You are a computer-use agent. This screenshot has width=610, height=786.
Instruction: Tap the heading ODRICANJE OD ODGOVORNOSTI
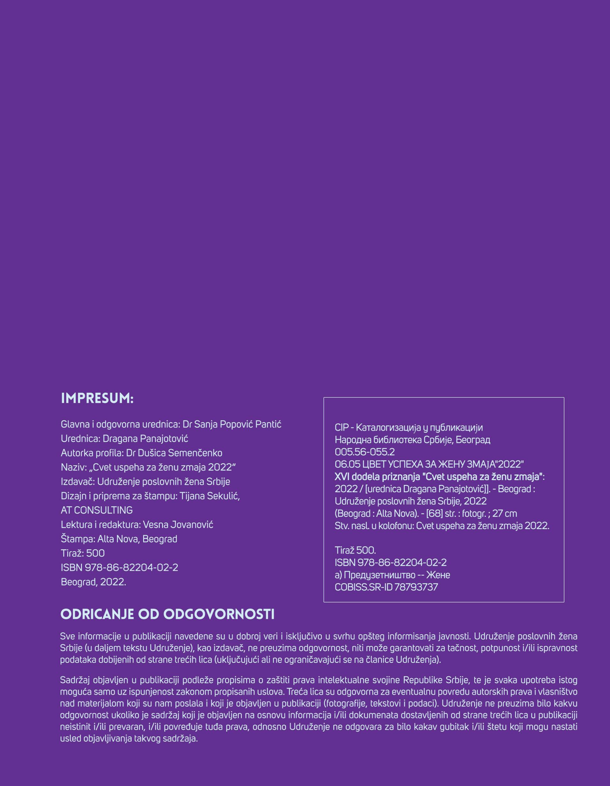point(167,614)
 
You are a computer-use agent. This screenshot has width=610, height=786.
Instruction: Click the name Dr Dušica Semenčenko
point(174,453)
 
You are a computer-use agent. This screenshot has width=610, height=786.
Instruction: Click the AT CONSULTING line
point(97,510)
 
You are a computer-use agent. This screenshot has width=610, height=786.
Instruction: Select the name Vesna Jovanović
point(178,525)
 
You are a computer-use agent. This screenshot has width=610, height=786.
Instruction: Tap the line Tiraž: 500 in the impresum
point(83,553)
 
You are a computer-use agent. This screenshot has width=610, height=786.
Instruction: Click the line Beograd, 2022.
point(94,582)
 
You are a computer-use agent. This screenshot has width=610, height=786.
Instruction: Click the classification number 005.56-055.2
point(364,452)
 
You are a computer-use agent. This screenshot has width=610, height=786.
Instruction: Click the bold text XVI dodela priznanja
point(377,477)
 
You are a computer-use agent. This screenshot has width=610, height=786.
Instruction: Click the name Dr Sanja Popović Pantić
point(232,424)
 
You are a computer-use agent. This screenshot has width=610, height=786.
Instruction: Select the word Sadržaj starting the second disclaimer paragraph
point(75,680)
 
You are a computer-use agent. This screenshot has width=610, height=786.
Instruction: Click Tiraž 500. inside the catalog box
point(355,550)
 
